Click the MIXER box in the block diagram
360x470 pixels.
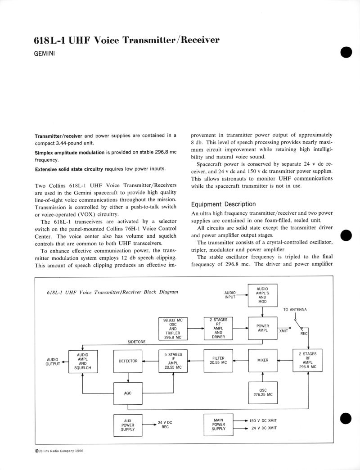point(263,361)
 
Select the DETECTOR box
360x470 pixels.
point(128,361)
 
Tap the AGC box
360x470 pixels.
point(128,393)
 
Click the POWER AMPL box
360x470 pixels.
point(263,328)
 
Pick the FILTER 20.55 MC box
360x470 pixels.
point(218,361)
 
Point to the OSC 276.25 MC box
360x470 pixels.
point(263,393)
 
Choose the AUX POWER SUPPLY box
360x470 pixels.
point(128,425)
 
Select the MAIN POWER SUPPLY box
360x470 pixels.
point(218,425)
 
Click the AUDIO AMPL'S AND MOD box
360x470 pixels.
point(263,295)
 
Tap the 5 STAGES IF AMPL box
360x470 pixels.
point(173,361)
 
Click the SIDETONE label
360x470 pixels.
point(136,342)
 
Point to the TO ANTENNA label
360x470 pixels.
point(295,310)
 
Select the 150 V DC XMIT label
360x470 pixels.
point(263,420)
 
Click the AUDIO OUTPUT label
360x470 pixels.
point(53,361)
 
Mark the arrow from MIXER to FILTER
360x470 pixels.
point(241,361)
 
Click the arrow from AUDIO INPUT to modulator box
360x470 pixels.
point(242,295)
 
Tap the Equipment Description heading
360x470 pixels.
point(223,204)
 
